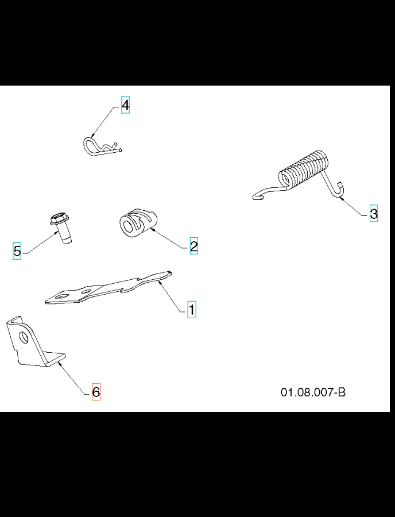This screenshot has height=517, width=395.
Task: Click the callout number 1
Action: [192, 309]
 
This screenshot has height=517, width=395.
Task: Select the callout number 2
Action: [193, 246]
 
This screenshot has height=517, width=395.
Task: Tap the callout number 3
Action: [374, 214]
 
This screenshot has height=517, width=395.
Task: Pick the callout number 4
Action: [125, 106]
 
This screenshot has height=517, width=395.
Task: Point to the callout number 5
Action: [17, 251]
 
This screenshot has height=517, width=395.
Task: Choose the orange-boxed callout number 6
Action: [96, 392]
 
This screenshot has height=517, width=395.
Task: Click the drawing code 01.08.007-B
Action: [313, 392]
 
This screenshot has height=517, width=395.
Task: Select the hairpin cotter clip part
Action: [100, 147]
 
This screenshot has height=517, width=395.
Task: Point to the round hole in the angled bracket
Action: [24, 336]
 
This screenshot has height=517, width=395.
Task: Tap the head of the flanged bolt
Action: [56, 219]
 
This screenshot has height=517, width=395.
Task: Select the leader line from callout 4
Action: [106, 122]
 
